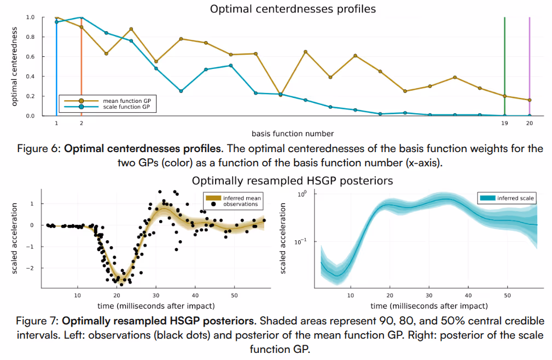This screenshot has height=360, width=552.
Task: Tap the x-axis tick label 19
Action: [504, 124]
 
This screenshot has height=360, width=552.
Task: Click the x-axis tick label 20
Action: [530, 124]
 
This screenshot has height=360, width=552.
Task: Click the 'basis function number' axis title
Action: [293, 133]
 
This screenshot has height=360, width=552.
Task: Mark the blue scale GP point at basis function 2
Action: [81, 18]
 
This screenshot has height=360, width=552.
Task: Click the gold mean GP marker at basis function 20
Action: [530, 100]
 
